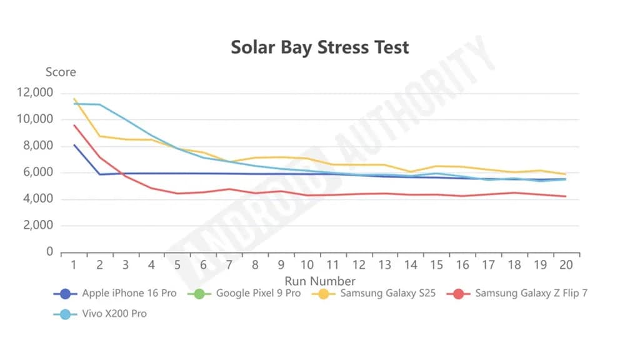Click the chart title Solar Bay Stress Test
[320, 47]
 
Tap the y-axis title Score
[61, 72]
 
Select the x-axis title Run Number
[320, 281]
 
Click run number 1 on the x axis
[74, 265]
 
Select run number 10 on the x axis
[307, 265]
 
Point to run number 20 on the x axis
[566, 265]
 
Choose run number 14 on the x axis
[411, 265]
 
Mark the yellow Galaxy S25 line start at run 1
[74, 98]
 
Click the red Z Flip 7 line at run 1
[74, 125]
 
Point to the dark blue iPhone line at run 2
[100, 174]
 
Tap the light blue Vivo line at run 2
[100, 104]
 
